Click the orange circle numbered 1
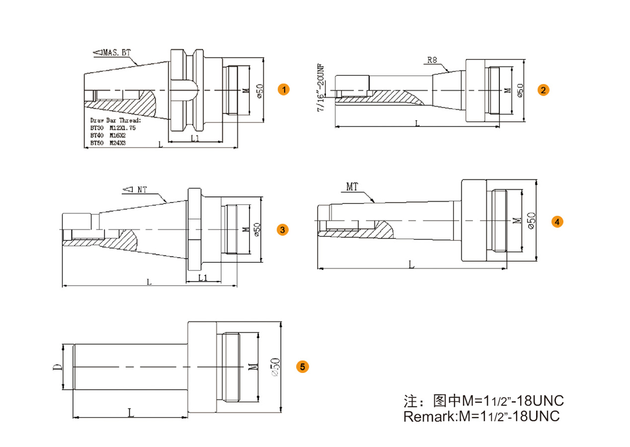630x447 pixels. pyautogui.click(x=283, y=89)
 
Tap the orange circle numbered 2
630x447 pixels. pyautogui.click(x=543, y=90)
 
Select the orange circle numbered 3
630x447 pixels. pyautogui.click(x=282, y=230)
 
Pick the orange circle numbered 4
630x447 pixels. pyautogui.click(x=558, y=222)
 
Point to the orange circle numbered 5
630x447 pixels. pyautogui.click(x=302, y=367)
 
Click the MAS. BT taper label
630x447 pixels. pyautogui.click(x=112, y=53)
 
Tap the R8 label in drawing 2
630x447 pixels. pyautogui.click(x=432, y=60)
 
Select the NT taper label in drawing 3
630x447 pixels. pyautogui.click(x=136, y=190)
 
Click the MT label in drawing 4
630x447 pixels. pyautogui.click(x=352, y=186)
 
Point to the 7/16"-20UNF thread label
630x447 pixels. pyautogui.click(x=320, y=87)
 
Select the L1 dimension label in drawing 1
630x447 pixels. pyautogui.click(x=194, y=138)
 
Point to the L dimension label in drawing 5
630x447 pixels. pyautogui.click(x=130, y=412)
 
